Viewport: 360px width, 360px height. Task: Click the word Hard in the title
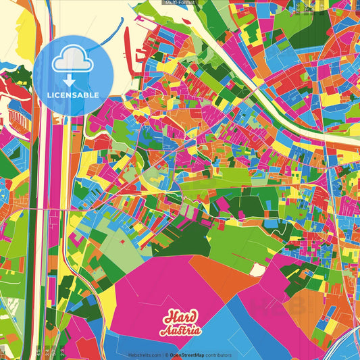180,318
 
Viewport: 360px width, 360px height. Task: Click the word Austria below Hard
180,331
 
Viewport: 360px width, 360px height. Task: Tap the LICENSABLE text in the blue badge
73,95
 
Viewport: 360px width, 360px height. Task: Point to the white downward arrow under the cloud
70,81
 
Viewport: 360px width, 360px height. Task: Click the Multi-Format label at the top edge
180,3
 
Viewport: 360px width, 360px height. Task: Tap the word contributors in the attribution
219,355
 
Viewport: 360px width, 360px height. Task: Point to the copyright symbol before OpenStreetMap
166,355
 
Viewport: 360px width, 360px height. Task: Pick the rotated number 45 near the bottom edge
38,352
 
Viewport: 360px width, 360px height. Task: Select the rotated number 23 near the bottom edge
62,352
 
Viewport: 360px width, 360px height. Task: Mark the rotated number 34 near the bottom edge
51,352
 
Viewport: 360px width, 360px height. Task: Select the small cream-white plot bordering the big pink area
257,269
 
